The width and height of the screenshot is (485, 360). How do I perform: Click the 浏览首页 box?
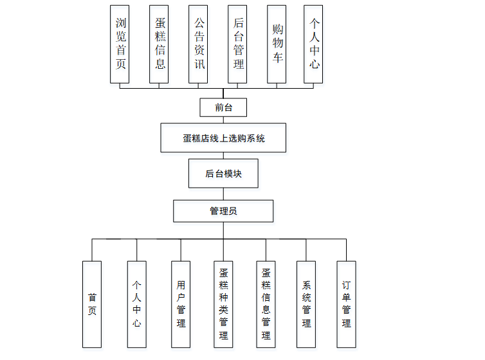120,44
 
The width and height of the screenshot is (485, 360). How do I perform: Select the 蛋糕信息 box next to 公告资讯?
159,44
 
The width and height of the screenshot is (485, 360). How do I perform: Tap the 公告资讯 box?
199,44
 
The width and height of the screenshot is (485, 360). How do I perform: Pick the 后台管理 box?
237,44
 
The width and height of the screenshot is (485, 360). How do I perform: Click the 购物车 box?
277,44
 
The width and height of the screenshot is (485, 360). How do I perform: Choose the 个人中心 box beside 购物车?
313,44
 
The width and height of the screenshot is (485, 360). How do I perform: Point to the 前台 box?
223,107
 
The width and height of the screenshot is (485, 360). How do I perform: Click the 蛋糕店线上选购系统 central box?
223,138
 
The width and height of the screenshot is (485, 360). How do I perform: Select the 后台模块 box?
223,174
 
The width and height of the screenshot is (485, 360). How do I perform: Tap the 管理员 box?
223,210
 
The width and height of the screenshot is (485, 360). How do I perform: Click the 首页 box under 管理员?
92,303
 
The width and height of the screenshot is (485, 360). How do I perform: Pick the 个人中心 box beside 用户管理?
136,303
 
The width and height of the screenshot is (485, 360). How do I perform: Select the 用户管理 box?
181,303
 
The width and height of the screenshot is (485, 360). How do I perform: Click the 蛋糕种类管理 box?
223,303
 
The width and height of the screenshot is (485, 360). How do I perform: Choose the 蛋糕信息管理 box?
266,303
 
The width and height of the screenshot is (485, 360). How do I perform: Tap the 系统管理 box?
307,303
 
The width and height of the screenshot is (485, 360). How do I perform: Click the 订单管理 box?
346,303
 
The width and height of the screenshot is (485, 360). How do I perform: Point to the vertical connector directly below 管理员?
223,230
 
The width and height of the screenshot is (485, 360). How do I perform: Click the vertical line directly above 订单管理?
346,250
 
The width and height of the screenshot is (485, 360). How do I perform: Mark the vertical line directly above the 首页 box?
92,250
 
